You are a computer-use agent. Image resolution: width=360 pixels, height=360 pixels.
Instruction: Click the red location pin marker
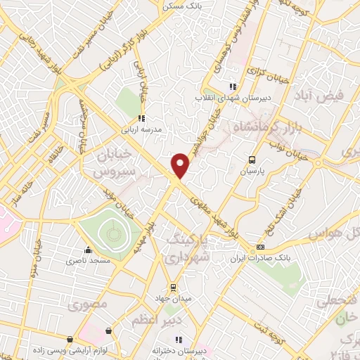(x=181, y=166)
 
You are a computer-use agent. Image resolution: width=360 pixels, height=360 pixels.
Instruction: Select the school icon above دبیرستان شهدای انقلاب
(x=231, y=87)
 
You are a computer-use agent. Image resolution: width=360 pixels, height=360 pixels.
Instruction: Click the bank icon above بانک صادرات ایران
(x=260, y=247)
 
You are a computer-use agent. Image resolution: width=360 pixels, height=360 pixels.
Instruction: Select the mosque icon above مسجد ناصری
(x=88, y=250)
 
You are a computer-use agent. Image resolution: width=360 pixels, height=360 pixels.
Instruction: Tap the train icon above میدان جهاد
(x=173, y=288)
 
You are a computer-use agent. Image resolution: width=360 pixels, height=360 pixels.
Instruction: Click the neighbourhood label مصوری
(x=88, y=305)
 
